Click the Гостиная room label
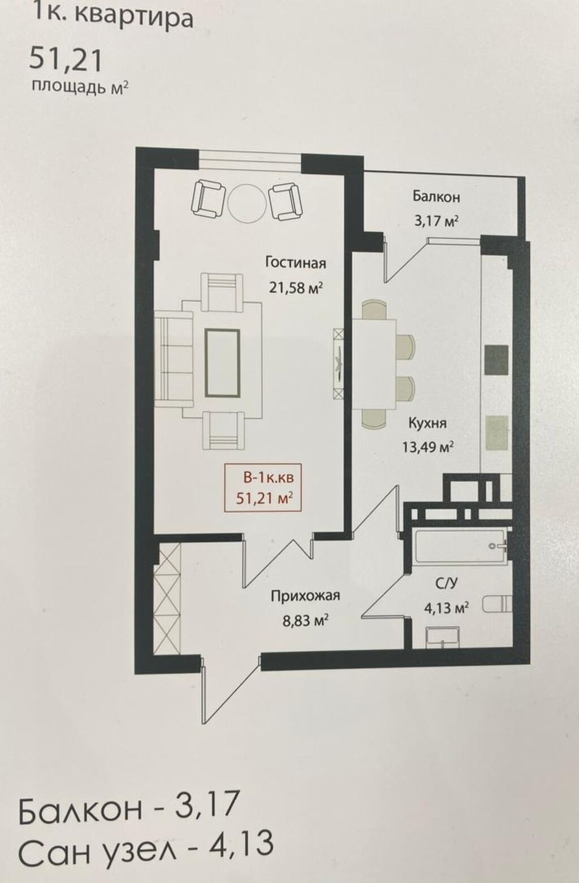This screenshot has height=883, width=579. (295, 263)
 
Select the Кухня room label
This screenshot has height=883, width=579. (427, 424)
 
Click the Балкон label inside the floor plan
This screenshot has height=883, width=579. (436, 197)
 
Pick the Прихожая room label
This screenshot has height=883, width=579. (305, 596)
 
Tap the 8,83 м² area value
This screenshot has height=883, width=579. (305, 621)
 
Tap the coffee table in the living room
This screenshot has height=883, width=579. (222, 363)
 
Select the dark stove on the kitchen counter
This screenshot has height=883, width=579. (496, 360)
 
